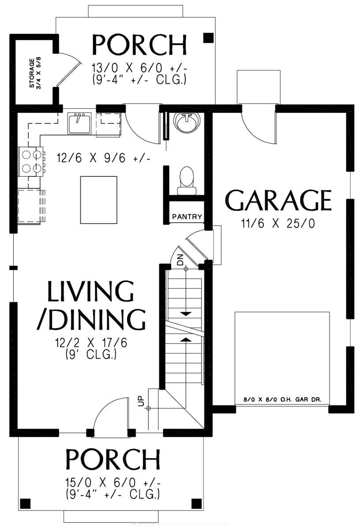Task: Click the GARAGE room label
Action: tap(278, 201)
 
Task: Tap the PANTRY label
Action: tap(187, 217)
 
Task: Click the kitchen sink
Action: tap(79, 123)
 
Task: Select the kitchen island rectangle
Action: tap(98, 200)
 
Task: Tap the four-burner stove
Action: tap(31, 161)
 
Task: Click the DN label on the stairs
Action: tap(180, 260)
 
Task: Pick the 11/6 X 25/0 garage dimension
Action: tap(278, 224)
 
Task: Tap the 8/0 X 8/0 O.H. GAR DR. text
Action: tap(282, 400)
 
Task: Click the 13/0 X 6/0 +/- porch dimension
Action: tap(139, 68)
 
